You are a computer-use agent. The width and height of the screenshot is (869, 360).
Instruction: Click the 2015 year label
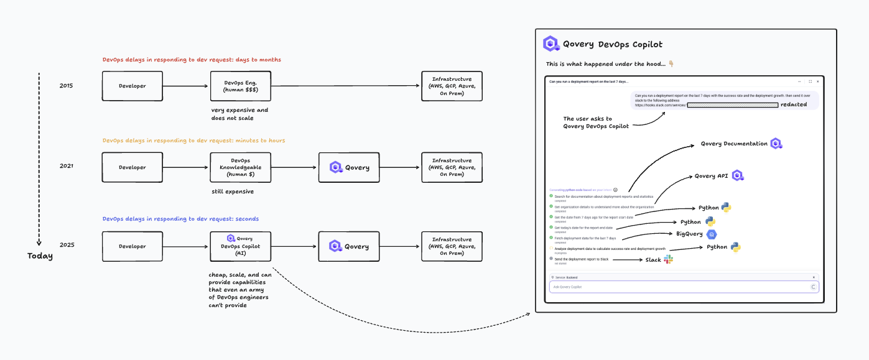tap(66, 85)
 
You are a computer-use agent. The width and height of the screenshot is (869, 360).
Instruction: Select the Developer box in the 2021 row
tap(132, 167)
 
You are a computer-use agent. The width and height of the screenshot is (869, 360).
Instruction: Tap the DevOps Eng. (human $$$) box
tap(240, 86)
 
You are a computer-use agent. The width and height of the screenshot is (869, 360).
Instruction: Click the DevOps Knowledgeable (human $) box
tap(240, 167)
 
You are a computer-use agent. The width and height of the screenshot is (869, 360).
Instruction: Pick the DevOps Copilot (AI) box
tap(240, 246)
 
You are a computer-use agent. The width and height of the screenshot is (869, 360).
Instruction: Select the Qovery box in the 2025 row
tap(349, 246)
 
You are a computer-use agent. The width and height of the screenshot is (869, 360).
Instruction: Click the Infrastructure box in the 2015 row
tap(452, 86)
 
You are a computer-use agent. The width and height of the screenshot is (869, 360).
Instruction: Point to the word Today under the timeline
tap(40, 256)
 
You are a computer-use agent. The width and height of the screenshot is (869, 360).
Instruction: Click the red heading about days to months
tap(192, 60)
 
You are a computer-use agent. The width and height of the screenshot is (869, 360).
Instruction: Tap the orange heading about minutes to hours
tap(193, 141)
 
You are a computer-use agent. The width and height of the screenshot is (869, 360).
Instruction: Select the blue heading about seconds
tap(180, 219)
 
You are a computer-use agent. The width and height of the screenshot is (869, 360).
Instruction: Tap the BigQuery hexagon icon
tap(712, 234)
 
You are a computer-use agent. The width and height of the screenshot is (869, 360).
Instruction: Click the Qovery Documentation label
tap(734, 144)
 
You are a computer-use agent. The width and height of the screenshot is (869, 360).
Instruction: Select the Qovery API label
tap(711, 176)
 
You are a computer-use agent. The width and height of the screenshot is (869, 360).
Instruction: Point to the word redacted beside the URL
tap(794, 104)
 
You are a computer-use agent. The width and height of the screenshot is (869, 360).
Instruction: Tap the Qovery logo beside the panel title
tap(551, 44)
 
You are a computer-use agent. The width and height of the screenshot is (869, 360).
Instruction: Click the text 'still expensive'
tap(233, 192)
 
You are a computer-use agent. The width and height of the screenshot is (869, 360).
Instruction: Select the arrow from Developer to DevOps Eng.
tap(186, 86)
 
